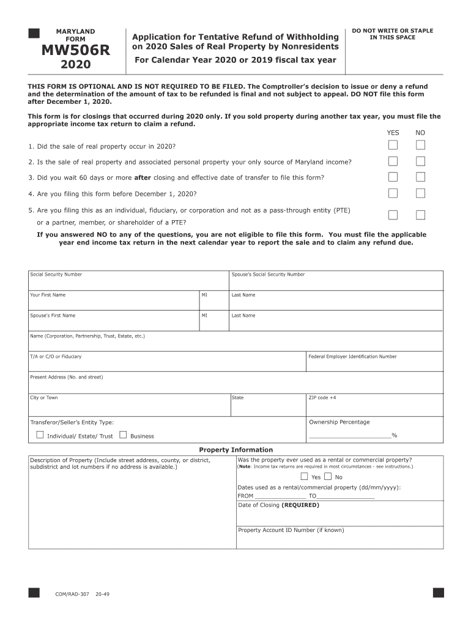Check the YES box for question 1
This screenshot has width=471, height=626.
[x=393, y=145]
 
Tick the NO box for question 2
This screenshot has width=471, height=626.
[x=420, y=161]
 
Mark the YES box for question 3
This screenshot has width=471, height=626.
[x=393, y=177]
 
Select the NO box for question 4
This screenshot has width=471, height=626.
[x=420, y=193]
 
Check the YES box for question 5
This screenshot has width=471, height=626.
[x=393, y=215]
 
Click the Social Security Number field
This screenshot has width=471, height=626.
[x=128, y=283]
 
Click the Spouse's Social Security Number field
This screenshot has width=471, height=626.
[x=336, y=283]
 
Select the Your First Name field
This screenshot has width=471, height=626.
[x=114, y=303]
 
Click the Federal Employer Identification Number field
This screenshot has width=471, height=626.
[x=374, y=364]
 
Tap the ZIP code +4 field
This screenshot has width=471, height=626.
[x=374, y=405]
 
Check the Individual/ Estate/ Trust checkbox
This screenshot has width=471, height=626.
[x=40, y=435]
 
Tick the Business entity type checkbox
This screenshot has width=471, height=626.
[x=123, y=435]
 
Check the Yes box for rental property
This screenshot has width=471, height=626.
[x=304, y=477]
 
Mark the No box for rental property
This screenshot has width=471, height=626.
[x=328, y=477]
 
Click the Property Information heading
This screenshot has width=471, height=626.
[x=236, y=450]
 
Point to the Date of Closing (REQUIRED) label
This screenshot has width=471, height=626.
[x=278, y=505]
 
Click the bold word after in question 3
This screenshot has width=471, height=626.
[x=142, y=178]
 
